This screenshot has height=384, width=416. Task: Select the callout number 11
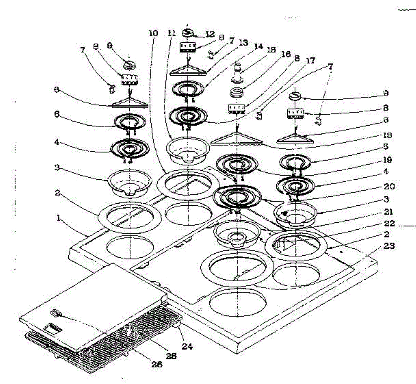coord(171,33)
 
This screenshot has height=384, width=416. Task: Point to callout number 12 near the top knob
coord(210,34)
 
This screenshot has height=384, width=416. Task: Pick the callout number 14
coord(258,46)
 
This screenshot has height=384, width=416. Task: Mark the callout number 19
coord(388,160)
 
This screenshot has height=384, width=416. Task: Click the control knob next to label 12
coord(189,33)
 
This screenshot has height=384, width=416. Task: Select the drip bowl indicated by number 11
coord(188,150)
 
